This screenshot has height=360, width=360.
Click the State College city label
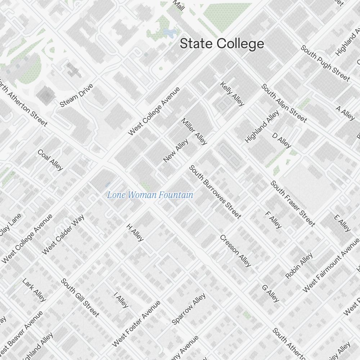pos(222,44)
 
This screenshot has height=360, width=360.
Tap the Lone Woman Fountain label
pos(150,195)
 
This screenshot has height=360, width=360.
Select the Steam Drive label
pos(77,95)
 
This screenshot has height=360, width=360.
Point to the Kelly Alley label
pos(232,94)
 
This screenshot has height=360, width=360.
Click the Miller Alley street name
pos(194,131)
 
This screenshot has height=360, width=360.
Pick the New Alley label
pos(176,150)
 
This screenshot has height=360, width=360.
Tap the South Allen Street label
pos(284,103)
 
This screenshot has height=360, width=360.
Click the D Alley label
pos(282,140)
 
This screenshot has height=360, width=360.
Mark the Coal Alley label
pos(50,160)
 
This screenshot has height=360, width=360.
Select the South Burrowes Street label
pos(215,192)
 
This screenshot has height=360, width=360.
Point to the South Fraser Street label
pos(293,204)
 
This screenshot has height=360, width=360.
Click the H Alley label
pos(135,232)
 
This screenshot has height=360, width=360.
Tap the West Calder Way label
pos(63,235)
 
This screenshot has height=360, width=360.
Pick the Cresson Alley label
pos(235,251)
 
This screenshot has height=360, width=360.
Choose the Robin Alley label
pos(299,266)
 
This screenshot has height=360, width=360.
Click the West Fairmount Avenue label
pos(331,265)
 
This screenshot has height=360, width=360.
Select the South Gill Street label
pos(80,298)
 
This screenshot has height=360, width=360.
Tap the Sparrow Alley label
pos(189,309)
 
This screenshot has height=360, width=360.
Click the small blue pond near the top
pos(168,33)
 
